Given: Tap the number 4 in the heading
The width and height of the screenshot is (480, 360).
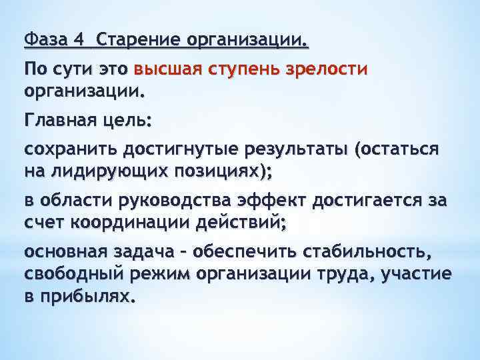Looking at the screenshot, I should click(80, 41).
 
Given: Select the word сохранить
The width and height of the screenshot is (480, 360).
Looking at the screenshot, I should click(64, 149).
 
